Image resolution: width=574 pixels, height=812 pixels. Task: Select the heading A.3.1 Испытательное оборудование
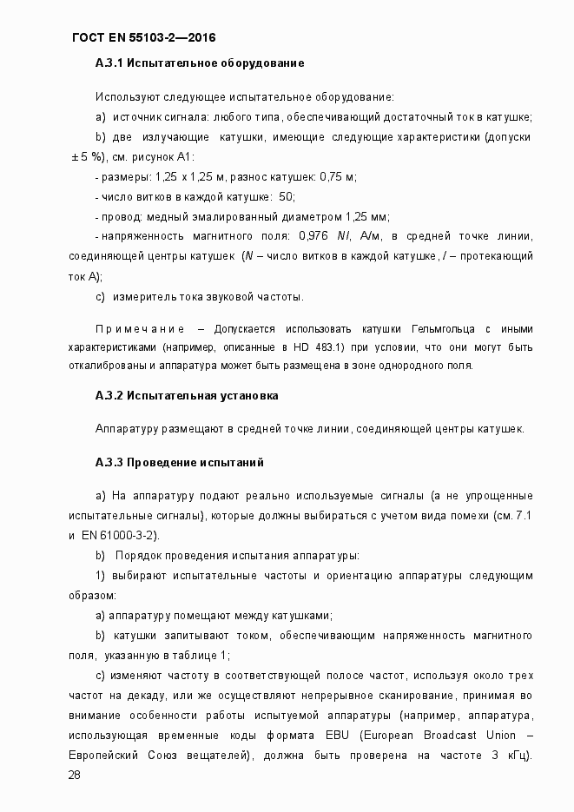click(199, 65)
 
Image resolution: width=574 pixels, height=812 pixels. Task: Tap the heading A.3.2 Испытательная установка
click(187, 396)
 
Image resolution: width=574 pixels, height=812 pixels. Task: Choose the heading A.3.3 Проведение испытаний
click(179, 462)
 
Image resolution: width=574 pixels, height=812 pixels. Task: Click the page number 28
click(74, 775)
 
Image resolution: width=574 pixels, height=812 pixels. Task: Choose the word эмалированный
click(244, 217)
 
